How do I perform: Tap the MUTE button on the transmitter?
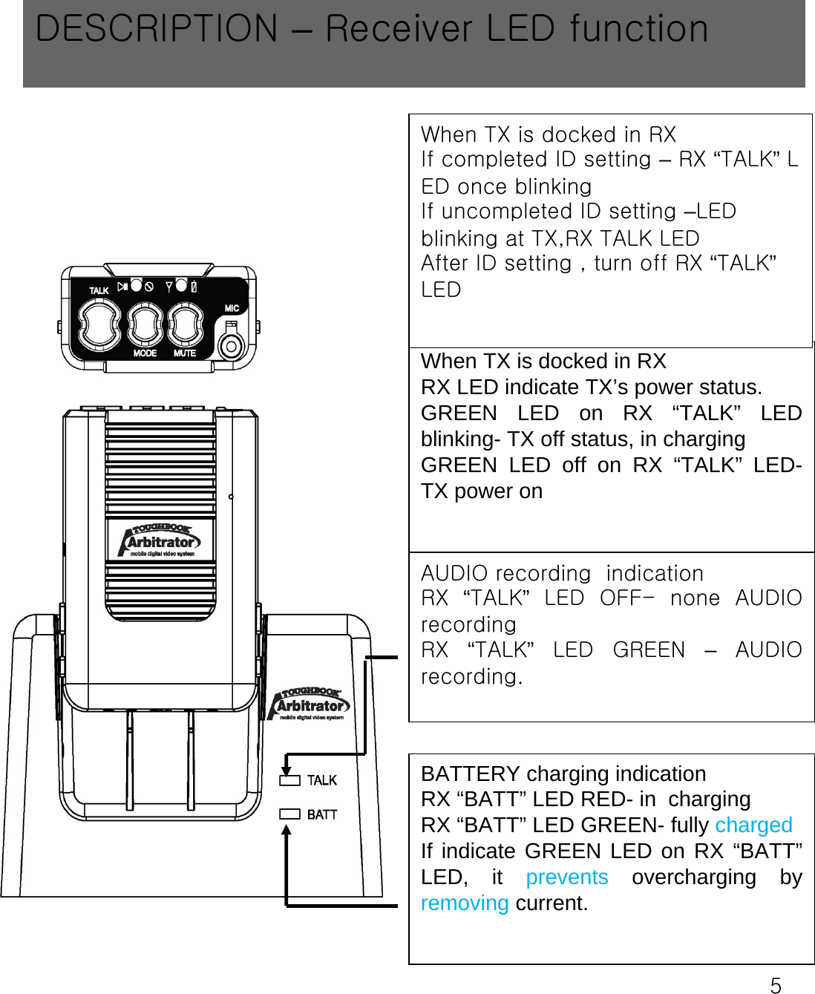click(184, 325)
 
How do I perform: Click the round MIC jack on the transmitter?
click(232, 345)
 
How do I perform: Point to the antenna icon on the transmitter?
click(169, 287)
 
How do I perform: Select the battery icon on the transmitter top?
click(194, 287)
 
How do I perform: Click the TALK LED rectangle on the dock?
click(289, 780)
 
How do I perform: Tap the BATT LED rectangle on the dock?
click(289, 814)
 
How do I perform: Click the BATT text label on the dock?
click(322, 814)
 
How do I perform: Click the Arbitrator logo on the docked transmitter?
click(161, 540)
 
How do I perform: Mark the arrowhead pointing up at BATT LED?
click(287, 831)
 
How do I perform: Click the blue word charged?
click(753, 825)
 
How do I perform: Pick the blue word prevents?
click(566, 877)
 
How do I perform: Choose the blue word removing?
click(465, 903)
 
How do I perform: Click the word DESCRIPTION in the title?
click(157, 29)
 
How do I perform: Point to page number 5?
click(776, 985)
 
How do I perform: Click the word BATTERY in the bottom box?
click(470, 774)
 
